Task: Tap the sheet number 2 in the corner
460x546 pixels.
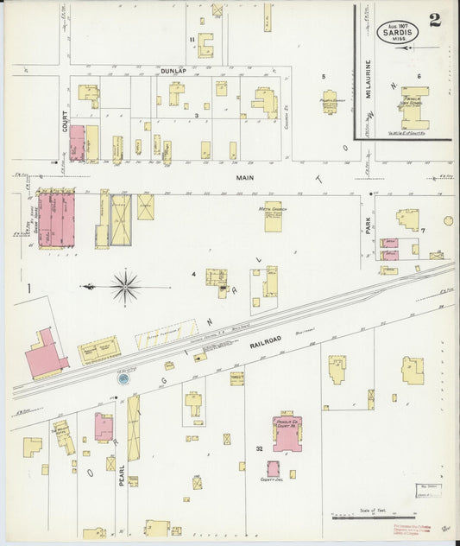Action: tap(434, 22)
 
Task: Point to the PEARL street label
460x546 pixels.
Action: tap(122, 474)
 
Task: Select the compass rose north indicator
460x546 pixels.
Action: tap(126, 286)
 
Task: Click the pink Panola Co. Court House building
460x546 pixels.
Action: tap(287, 433)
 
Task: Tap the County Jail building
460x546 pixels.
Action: tap(273, 468)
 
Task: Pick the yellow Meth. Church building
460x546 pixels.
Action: tap(274, 216)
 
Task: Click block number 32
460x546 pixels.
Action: tap(259, 448)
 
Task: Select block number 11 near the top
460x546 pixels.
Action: tap(192, 40)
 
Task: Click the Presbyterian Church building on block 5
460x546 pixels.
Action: tap(330, 102)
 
